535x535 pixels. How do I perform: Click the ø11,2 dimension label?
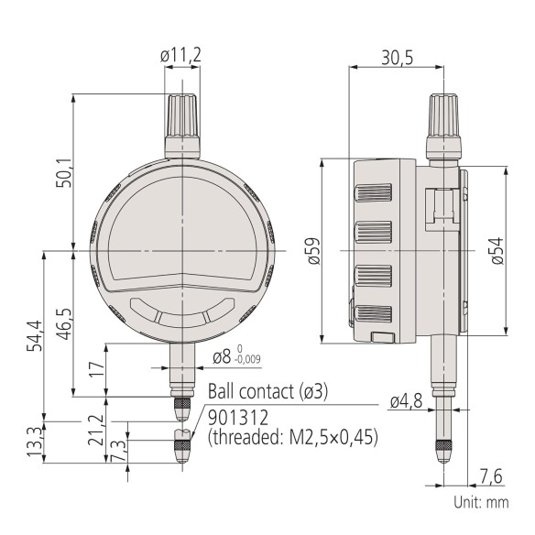point(181,57)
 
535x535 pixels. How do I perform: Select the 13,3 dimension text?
point(35,441)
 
